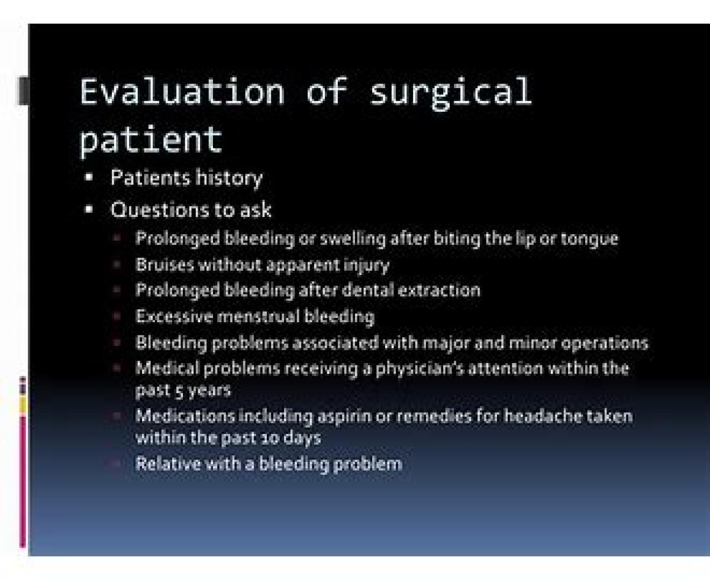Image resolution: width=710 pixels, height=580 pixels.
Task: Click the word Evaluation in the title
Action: (x=182, y=91)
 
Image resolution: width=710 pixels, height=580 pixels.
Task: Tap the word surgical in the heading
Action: (x=451, y=93)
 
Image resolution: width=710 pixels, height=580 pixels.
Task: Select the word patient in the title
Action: (x=151, y=141)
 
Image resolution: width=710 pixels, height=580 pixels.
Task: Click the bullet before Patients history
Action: (x=89, y=177)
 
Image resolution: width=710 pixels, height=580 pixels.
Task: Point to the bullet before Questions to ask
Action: (x=89, y=209)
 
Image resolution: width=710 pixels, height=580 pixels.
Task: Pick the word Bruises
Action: (x=165, y=265)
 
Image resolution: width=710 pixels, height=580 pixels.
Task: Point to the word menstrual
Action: (x=259, y=316)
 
